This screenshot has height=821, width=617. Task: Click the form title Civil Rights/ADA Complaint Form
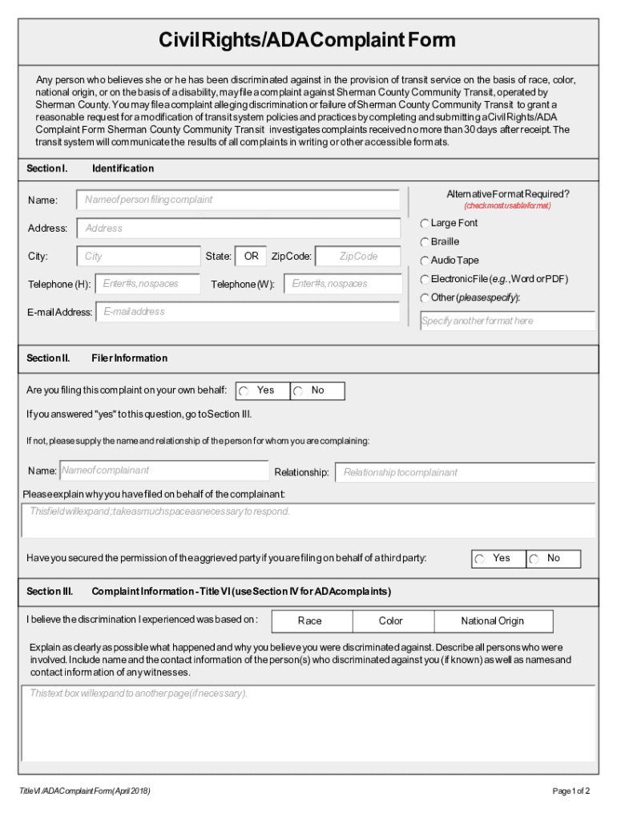pyautogui.click(x=308, y=40)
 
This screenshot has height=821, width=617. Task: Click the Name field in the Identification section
pyautogui.click(x=238, y=200)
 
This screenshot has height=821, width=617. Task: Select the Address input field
pyautogui.click(x=238, y=229)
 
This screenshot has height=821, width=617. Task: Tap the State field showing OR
pyautogui.click(x=251, y=257)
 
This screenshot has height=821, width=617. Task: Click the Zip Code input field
pyautogui.click(x=357, y=257)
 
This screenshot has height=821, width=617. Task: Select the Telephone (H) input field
pyautogui.click(x=148, y=284)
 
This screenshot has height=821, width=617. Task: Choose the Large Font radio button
pyautogui.click(x=425, y=224)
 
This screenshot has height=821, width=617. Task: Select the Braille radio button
pyautogui.click(x=425, y=242)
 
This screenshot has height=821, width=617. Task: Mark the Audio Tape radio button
pyautogui.click(x=425, y=261)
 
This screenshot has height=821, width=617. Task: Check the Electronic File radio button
pyautogui.click(x=425, y=280)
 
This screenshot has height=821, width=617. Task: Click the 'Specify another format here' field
pyautogui.click(x=507, y=321)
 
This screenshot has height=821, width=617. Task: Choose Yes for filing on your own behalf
pyautogui.click(x=244, y=391)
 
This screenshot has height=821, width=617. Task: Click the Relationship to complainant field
pyautogui.click(x=465, y=472)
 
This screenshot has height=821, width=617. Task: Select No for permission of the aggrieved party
pyautogui.click(x=534, y=560)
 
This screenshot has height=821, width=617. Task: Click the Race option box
pyautogui.click(x=309, y=621)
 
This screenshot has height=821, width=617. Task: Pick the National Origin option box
pyautogui.click(x=492, y=621)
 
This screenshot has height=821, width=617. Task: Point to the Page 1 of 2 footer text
pyautogui.click(x=571, y=792)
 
